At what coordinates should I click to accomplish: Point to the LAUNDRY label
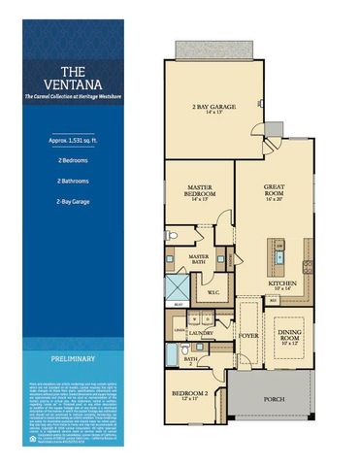202,332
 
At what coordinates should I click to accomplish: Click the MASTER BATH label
199,257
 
